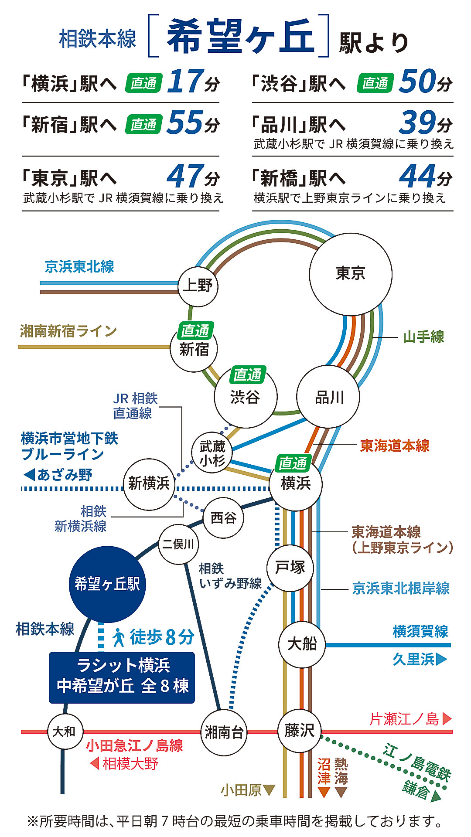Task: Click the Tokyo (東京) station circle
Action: click(350, 274)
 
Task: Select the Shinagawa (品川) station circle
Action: click(328, 397)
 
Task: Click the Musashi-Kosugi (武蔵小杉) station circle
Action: click(212, 453)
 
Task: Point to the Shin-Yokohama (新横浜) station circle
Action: click(149, 484)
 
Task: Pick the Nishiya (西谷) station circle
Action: click(223, 518)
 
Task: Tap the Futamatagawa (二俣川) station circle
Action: click(178, 544)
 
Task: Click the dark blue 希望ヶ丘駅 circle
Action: click(107, 584)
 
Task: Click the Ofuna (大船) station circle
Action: click(302, 644)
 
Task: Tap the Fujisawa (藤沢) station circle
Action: click(299, 731)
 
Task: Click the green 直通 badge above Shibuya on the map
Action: click(247, 374)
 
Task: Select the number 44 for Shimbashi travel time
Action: click(417, 176)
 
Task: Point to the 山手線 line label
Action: click(423, 337)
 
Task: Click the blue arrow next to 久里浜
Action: click(441, 659)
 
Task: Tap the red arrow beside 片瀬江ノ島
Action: click(447, 719)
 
